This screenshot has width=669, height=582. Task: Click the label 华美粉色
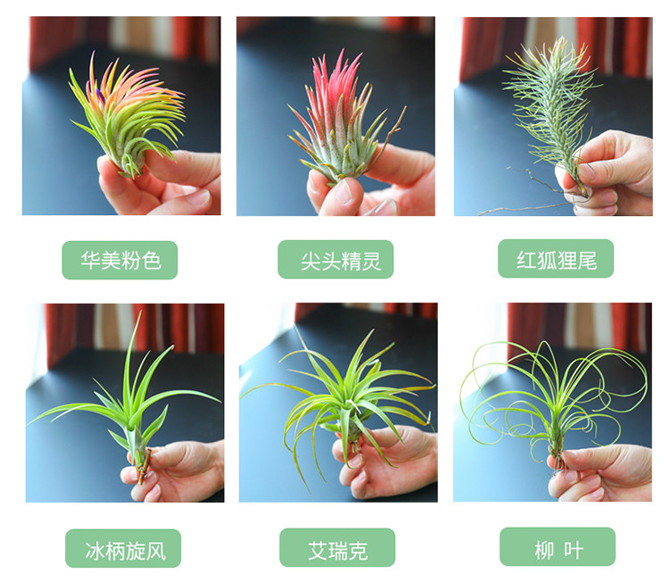click(x=120, y=260)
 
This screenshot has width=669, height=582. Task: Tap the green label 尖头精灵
click(x=335, y=260)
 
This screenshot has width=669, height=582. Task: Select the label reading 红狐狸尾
click(x=556, y=259)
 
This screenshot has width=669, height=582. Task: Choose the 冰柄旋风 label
click(x=123, y=548)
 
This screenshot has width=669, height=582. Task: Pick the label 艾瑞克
click(x=337, y=547)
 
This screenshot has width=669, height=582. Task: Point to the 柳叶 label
click(x=557, y=546)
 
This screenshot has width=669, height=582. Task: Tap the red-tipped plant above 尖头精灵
click(x=342, y=124)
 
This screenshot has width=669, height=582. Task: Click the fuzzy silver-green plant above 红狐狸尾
click(x=551, y=111)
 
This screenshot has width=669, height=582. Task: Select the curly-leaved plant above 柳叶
click(x=555, y=410)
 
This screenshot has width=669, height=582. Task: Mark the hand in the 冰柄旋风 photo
click(x=175, y=470)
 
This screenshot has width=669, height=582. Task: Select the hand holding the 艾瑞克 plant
click(x=384, y=461)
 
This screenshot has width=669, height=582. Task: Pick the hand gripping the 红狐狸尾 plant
click(x=606, y=170)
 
